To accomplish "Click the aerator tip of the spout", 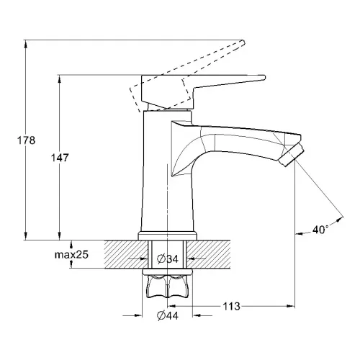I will (x=294, y=155).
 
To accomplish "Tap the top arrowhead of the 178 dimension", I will (x=27, y=44).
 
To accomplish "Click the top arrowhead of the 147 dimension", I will (x=59, y=77).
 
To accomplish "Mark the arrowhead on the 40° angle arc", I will (x=338, y=214).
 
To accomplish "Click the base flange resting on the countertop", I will (x=167, y=235).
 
